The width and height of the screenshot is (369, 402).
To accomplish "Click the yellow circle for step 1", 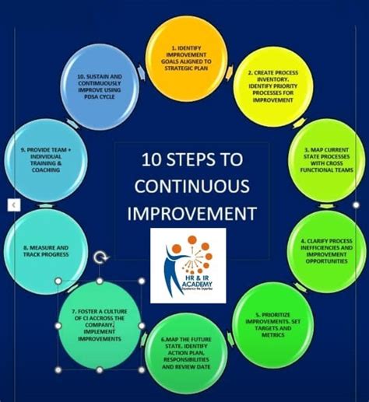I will [x=184, y=53].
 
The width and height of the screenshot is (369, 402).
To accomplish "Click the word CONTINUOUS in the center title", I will [x=192, y=186].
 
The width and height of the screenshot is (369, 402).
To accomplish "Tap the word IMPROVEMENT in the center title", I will [x=192, y=212].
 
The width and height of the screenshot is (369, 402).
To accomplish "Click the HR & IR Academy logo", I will [x=188, y=265].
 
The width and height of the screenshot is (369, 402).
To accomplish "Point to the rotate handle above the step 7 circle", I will [x=100, y=256].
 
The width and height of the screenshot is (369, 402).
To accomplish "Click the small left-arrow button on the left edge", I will [x=13, y=204].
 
